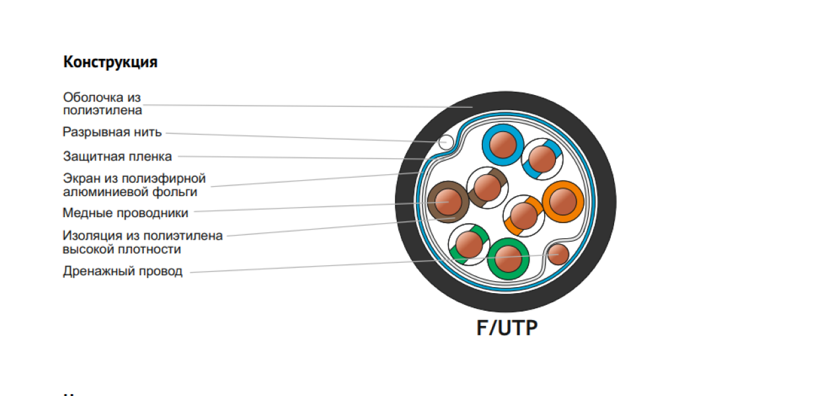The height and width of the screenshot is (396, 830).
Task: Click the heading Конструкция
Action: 110,63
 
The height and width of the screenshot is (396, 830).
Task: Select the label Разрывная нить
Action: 112,132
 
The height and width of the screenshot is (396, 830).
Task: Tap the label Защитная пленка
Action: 118,157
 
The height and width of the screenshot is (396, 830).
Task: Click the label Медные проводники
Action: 125,213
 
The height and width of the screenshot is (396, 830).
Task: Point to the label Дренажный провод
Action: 123,271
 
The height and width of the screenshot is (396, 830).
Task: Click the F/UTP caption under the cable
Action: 507,328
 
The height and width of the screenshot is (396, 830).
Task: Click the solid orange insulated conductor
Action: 563,201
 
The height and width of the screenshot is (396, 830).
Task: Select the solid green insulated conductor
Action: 508,259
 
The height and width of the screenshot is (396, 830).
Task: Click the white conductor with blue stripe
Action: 542,158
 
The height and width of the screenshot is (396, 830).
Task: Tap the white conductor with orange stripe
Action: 524,215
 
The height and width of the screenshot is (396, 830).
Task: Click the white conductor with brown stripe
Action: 487,187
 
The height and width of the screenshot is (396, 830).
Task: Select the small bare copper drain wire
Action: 559,253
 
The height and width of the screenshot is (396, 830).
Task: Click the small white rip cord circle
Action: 446,141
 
